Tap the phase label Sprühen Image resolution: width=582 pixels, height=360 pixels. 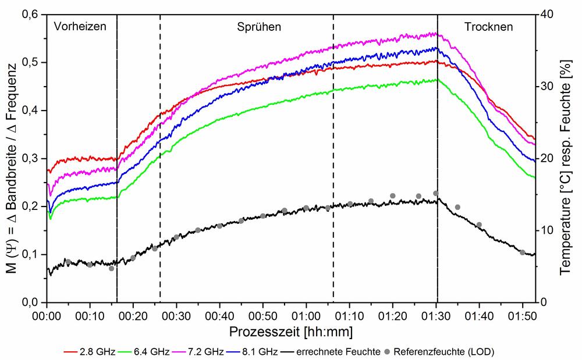tap(259, 26)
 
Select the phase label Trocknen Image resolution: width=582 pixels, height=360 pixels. tap(489, 26)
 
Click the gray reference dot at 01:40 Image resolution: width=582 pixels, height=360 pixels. tap(479, 224)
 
